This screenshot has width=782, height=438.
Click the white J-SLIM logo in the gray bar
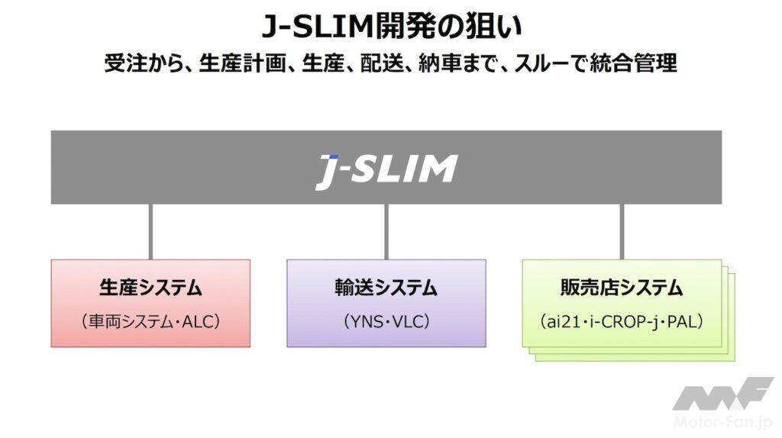point(386,169)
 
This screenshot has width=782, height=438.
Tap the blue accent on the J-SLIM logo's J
point(331,156)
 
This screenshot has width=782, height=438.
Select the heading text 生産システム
point(150,288)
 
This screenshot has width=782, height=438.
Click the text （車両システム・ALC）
point(150,321)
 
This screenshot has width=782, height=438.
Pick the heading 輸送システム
point(386,288)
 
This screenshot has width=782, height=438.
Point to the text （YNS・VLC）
point(386,321)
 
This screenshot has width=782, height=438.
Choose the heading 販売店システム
point(621,288)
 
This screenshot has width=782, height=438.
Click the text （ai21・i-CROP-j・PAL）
point(621,321)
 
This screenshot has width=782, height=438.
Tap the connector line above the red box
point(150,231)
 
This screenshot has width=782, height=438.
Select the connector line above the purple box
point(386,231)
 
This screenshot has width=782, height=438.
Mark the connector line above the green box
point(621,231)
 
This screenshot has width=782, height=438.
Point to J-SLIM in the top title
point(317,26)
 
